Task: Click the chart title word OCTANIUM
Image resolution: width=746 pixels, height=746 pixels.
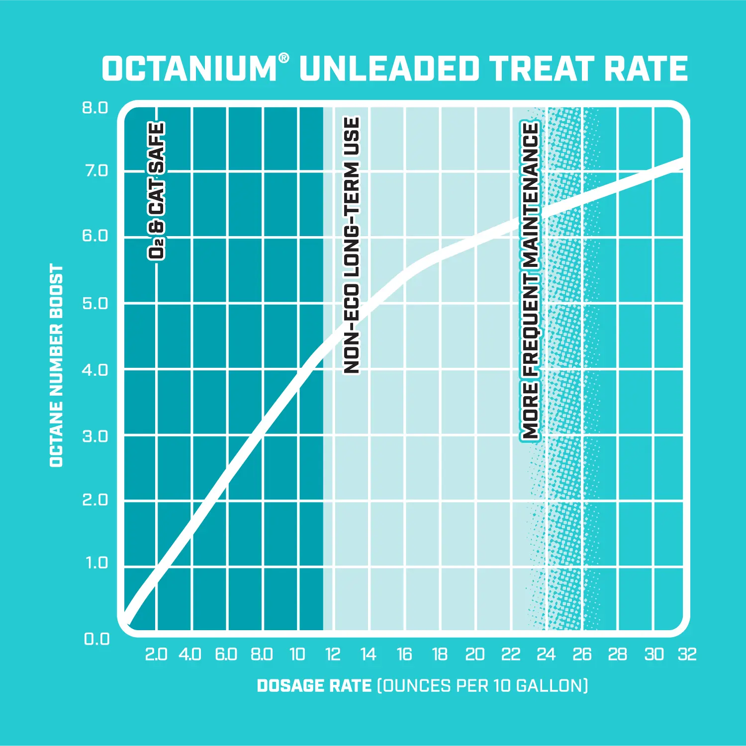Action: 189,69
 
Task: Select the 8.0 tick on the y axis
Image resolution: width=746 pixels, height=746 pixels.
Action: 95,108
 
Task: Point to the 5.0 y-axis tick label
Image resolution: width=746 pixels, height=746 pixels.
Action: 95,304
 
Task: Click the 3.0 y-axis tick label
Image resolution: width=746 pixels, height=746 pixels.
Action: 95,436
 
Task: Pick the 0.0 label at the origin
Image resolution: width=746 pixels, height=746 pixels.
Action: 96,639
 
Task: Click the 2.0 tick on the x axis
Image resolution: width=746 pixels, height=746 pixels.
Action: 156,655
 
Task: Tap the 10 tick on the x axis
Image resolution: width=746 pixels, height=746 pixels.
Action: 297,655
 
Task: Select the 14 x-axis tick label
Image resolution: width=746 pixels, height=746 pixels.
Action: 368,655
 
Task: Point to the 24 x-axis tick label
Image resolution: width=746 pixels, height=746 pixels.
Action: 546,655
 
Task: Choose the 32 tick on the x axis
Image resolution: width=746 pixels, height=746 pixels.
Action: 687,655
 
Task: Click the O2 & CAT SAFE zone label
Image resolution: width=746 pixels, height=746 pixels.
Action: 157,191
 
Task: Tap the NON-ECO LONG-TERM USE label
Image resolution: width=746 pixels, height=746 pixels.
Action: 352,246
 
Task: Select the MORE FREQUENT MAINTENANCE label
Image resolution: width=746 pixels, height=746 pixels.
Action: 530,281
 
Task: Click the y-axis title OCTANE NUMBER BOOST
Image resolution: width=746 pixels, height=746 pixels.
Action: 57,365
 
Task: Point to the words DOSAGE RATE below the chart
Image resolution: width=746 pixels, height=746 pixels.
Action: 314,686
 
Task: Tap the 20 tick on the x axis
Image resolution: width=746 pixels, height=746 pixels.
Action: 475,655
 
